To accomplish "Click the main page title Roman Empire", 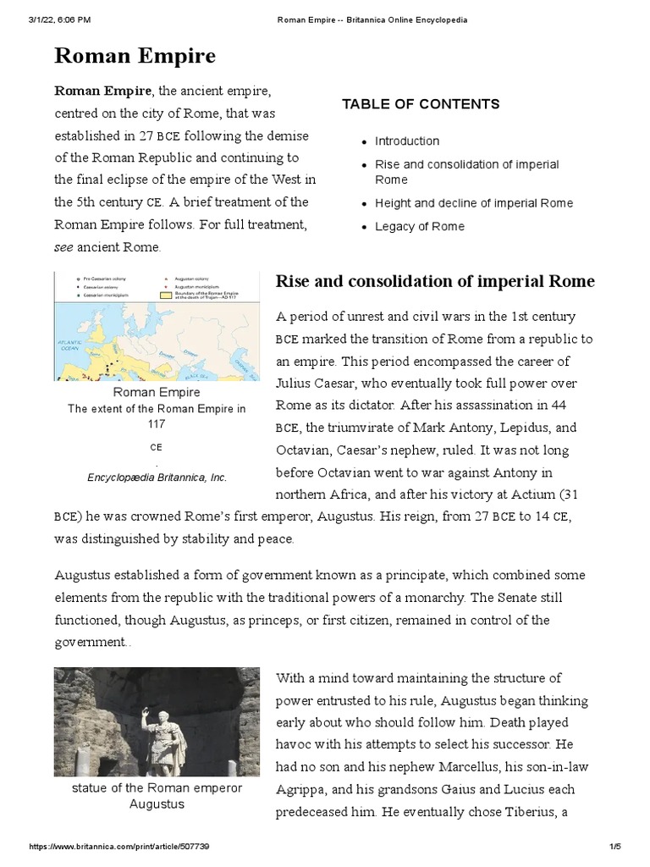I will click(135, 56).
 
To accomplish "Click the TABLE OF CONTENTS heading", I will click(421, 104).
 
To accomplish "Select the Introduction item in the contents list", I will click(407, 141).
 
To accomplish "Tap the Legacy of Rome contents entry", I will click(420, 226).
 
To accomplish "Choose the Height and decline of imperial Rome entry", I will click(474, 203).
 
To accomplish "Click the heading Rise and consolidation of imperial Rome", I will click(435, 282).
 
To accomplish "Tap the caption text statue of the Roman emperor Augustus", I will click(157, 796).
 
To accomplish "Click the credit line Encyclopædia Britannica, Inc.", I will click(157, 478).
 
